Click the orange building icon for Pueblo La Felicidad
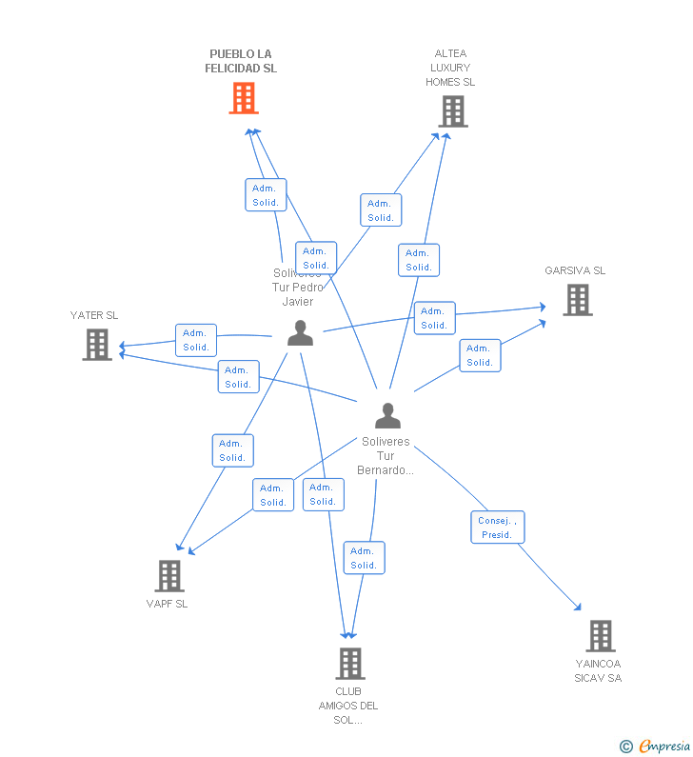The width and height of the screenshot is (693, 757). [244, 98]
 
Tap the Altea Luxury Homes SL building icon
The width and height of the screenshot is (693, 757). [452, 111]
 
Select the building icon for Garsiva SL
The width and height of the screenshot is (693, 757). [577, 300]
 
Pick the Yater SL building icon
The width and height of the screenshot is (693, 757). [97, 345]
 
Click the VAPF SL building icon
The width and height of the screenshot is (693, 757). [169, 575]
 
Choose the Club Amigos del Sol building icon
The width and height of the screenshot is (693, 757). [350, 664]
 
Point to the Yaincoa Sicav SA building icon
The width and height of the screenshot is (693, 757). [600, 635]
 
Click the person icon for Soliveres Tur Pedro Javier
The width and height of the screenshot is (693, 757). [300, 333]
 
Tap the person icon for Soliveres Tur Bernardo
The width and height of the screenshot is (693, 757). [387, 416]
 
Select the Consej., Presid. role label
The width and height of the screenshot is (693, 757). [497, 528]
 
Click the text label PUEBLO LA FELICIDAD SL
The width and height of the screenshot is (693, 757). [242, 61]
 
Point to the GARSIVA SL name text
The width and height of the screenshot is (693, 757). [575, 270]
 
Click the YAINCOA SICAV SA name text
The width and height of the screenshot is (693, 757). [598, 670]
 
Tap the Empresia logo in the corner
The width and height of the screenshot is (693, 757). [664, 746]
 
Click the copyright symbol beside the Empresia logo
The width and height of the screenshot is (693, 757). [626, 747]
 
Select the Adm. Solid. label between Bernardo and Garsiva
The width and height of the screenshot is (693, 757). [480, 355]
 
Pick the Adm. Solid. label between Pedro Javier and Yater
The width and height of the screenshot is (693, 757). [196, 340]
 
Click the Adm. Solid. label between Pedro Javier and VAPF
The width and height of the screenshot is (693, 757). [232, 450]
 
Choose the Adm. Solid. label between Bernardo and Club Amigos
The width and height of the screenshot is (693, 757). [364, 558]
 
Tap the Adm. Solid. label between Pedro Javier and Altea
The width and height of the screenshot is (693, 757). [381, 210]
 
